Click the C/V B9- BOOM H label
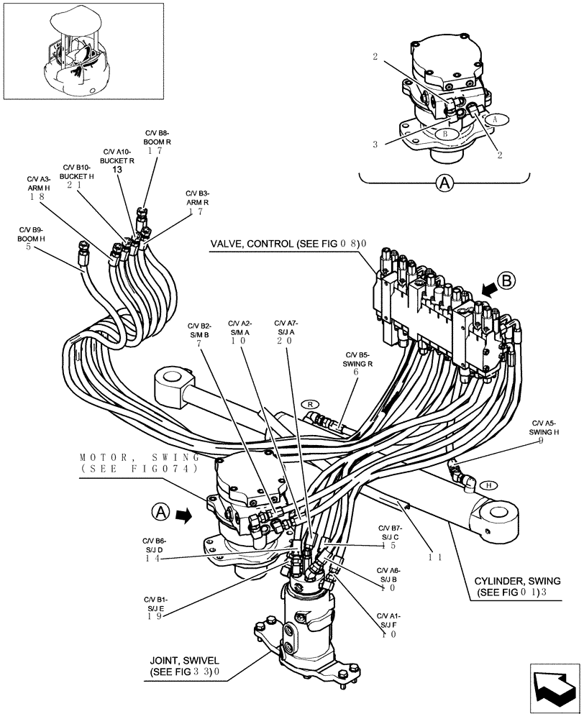[32, 234]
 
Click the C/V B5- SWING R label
[357, 359]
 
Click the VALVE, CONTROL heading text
[288, 244]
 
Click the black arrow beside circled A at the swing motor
[185, 513]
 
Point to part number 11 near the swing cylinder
[435, 557]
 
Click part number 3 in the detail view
[375, 144]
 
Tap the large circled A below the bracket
[445, 183]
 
